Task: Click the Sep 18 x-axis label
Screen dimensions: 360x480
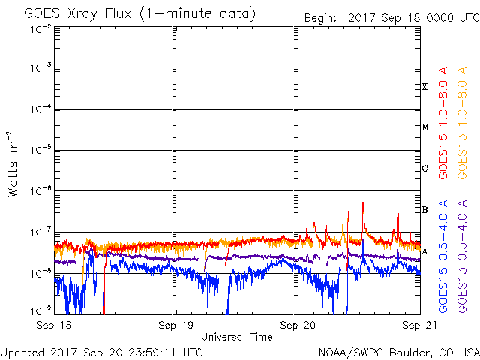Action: pyautogui.click(x=54, y=325)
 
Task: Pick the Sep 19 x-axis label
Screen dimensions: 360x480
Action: pyautogui.click(x=176, y=325)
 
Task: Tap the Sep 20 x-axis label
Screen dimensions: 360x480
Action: pyautogui.click(x=298, y=325)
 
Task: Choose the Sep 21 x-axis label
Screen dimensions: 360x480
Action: pyautogui.click(x=418, y=325)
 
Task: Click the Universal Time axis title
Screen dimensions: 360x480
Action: pyautogui.click(x=236, y=337)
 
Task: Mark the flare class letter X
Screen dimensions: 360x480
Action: pyautogui.click(x=424, y=87)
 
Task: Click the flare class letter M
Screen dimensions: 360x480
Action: pyautogui.click(x=424, y=127)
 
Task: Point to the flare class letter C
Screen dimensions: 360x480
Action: pyautogui.click(x=424, y=168)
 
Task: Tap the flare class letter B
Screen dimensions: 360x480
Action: pyautogui.click(x=424, y=209)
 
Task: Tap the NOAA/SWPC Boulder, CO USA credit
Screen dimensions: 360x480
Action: pyautogui.click(x=398, y=352)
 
